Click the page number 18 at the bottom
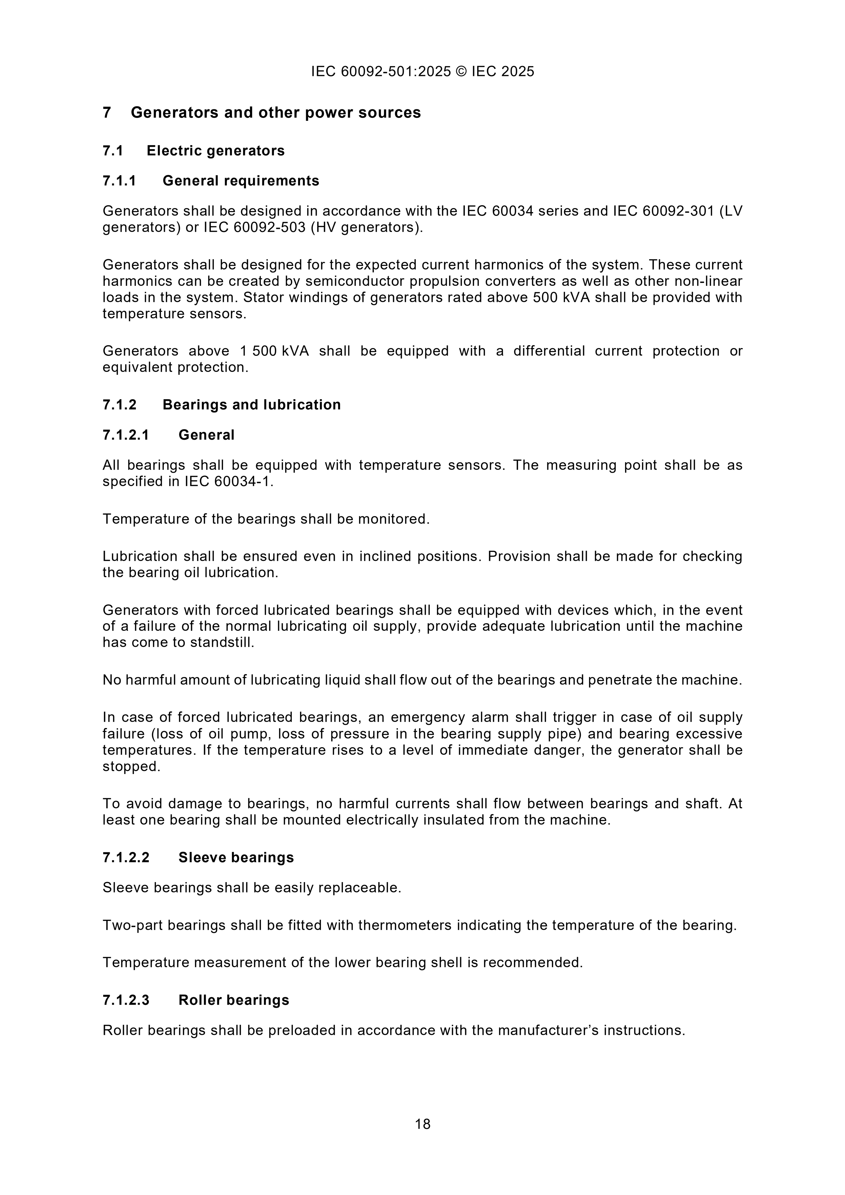(422, 1124)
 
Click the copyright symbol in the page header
(461, 71)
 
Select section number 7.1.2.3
(126, 1000)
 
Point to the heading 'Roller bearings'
(234, 1000)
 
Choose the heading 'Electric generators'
(216, 151)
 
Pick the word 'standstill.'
(222, 642)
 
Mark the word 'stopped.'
(132, 766)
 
